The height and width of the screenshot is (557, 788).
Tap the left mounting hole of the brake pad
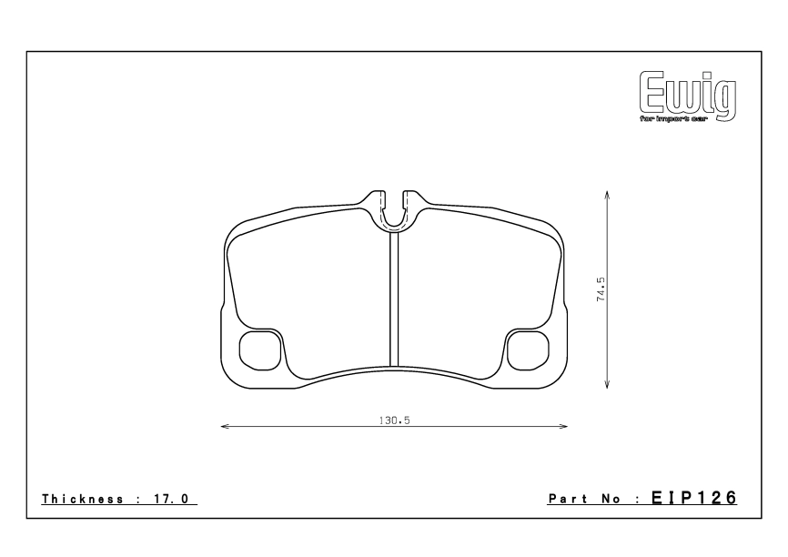pyautogui.click(x=258, y=350)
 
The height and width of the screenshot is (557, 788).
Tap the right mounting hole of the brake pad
pyautogui.click(x=526, y=350)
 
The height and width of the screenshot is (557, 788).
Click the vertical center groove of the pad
pyautogui.click(x=394, y=300)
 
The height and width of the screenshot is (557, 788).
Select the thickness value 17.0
pyautogui.click(x=174, y=500)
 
